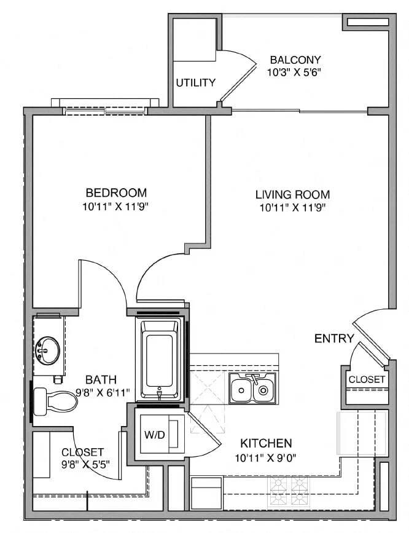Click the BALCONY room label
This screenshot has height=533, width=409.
[x=295, y=60]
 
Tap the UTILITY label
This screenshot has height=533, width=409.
[x=196, y=82]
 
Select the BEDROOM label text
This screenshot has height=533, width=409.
[x=116, y=192]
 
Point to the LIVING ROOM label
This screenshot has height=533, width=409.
[x=292, y=194]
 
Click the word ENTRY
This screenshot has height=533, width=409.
[x=334, y=338]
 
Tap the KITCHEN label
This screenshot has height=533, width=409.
[x=266, y=443]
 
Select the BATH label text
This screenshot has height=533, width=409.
[x=101, y=379]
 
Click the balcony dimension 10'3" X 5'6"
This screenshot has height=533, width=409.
[x=295, y=72]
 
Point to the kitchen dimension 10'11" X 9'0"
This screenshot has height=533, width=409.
[x=266, y=456]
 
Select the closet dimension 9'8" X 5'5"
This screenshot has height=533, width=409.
[x=83, y=464]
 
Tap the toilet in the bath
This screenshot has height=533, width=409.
[x=56, y=400]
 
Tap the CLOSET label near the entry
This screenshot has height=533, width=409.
[x=367, y=379]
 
